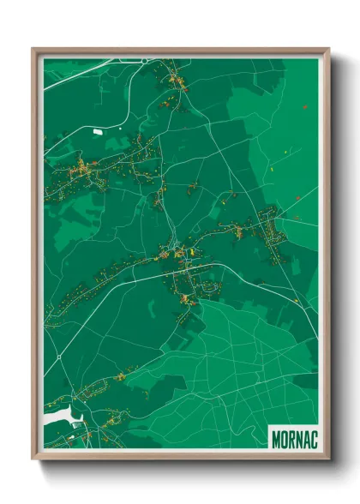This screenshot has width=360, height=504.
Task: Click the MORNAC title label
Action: [x=294, y=437]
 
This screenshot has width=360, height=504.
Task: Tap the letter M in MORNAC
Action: [x=275, y=437]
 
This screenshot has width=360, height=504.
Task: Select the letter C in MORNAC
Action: [x=314, y=437]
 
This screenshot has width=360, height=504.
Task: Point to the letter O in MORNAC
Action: [x=284, y=437]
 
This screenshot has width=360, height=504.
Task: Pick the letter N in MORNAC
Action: [x=298, y=437]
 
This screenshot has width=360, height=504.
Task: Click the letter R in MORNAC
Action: [x=291, y=437]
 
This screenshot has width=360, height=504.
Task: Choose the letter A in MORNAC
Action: [x=306, y=437]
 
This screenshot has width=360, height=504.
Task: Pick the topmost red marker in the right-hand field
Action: [x=304, y=106]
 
